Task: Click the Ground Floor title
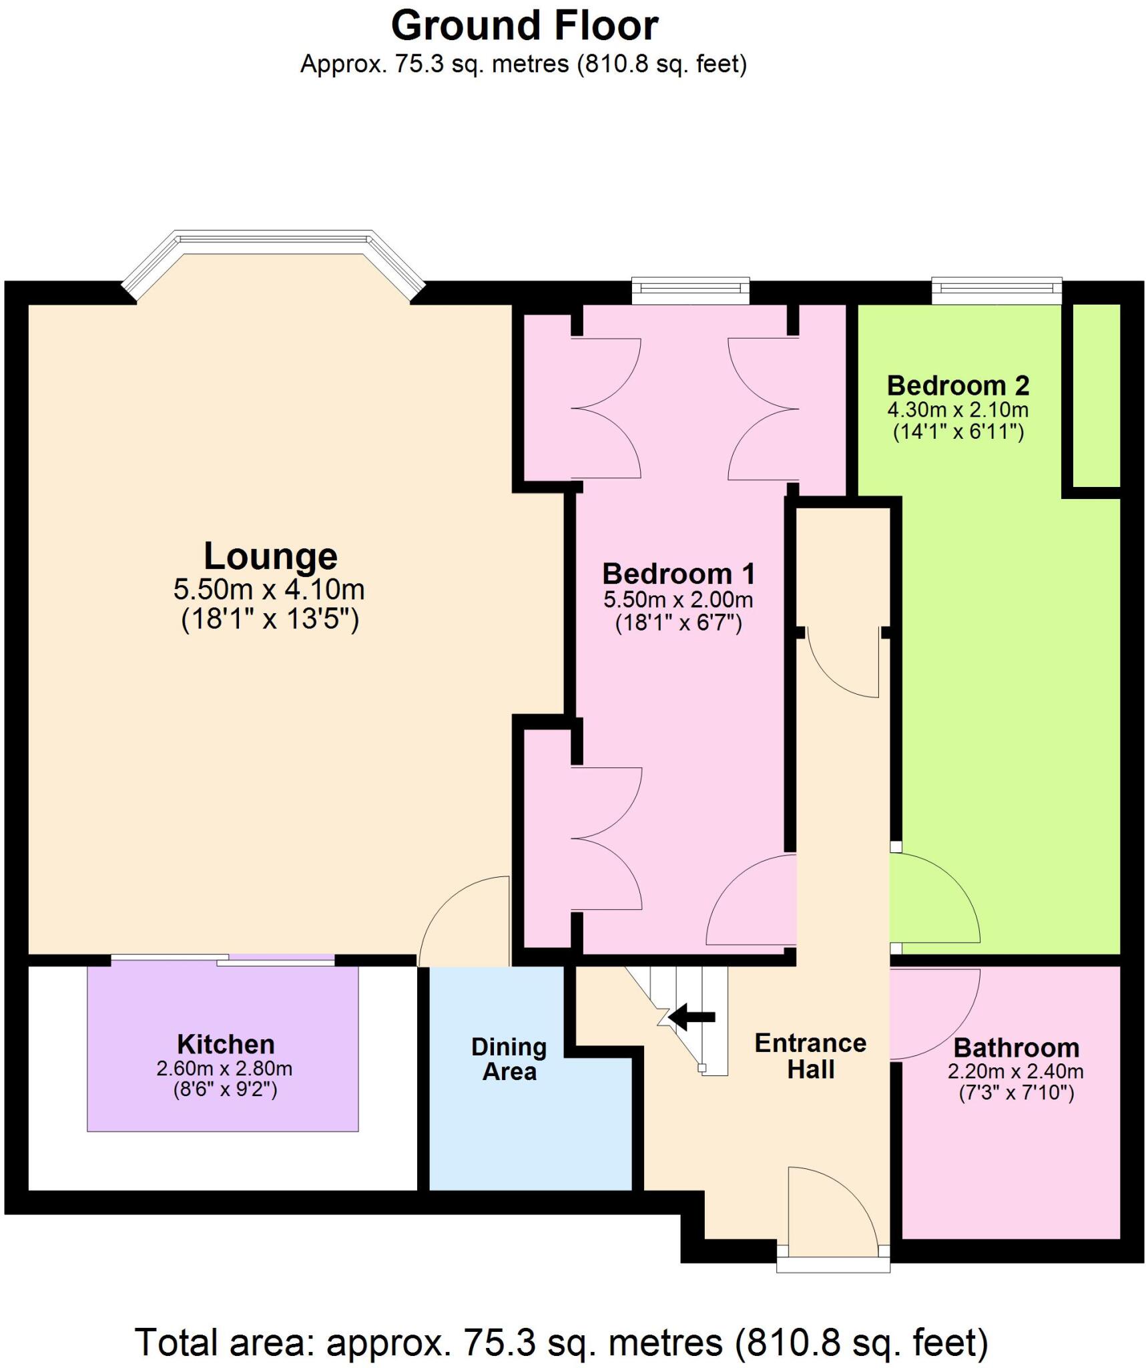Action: coord(525,27)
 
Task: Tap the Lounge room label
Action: coord(270,556)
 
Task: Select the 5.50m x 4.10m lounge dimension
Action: coord(269,590)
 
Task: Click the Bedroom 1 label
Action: coord(678,574)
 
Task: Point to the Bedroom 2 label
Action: coord(958,385)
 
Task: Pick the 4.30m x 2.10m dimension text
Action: coord(958,409)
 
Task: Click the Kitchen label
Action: coord(226,1044)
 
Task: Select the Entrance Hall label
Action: coord(810,1056)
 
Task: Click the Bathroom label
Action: coord(1016,1047)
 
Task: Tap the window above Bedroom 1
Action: coord(691,288)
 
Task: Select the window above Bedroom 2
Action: coord(996,288)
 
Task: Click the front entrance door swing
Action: coord(834,1211)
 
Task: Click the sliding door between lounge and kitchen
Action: coord(222,960)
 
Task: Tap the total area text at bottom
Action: coord(561,1341)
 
